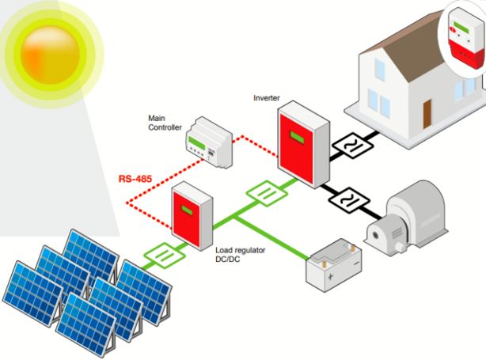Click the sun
pyautogui.click(x=51, y=55)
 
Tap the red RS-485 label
pyautogui.click(x=135, y=179)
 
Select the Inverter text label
pyautogui.click(x=266, y=98)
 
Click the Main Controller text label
pyautogui.click(x=165, y=123)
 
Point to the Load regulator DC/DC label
pyautogui.click(x=240, y=254)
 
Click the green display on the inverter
pyautogui.click(x=297, y=137)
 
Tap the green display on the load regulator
pyautogui.click(x=187, y=210)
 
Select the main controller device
pyautogui.click(x=209, y=142)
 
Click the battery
pyautogui.click(x=333, y=265)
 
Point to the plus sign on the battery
pyautogui.click(x=330, y=276)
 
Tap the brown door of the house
pyautogui.click(x=427, y=114)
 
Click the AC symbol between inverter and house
pyautogui.click(x=352, y=146)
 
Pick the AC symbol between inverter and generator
pyautogui.click(x=349, y=200)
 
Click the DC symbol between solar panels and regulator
pyautogui.click(x=165, y=256)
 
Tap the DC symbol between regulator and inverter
pyautogui.click(x=267, y=193)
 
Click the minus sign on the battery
pyautogui.click(x=356, y=263)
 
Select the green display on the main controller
pyautogui.click(x=196, y=143)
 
